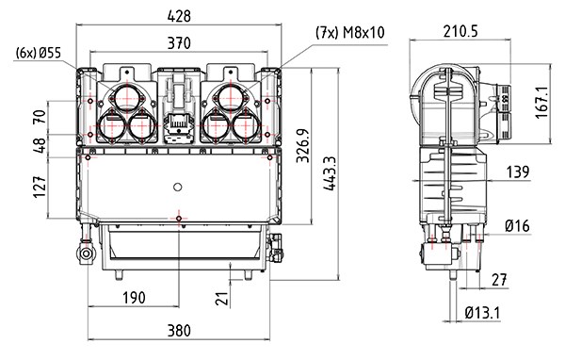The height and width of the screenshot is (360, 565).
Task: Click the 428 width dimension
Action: coord(179,16)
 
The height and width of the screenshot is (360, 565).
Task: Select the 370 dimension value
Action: coord(179,43)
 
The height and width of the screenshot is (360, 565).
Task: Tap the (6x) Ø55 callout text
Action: coord(39,53)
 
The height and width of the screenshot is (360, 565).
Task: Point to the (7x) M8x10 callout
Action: coord(350,33)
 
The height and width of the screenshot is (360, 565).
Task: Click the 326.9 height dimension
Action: coord(302,145)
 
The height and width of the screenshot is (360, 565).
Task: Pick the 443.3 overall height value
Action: coord(330,173)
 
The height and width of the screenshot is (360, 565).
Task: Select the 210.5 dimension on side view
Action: coord(460,31)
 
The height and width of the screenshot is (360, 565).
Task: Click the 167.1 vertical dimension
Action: coord(542,102)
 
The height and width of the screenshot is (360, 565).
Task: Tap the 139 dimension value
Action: coord(518,172)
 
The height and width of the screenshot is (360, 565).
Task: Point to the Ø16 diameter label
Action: coord(517,226)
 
